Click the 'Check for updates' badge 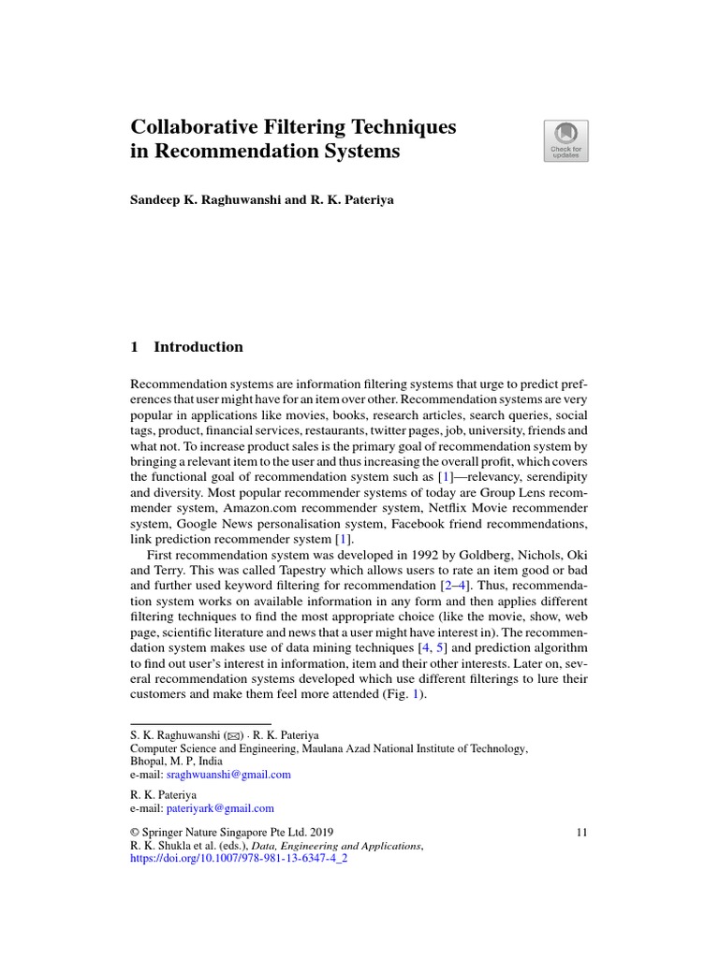pos(565,140)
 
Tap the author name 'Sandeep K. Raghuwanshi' pos(213,200)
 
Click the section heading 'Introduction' pos(198,347)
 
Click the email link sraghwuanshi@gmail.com pos(228,775)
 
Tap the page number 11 pos(582,832)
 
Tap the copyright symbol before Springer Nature pos(134,832)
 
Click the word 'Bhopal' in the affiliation pos(150,762)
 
